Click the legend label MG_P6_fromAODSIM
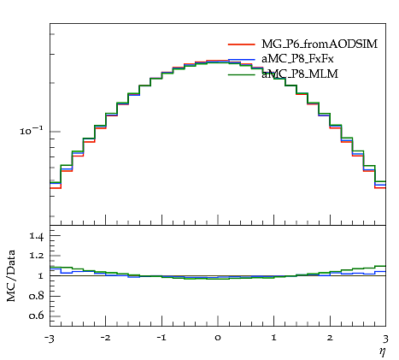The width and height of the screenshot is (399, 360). pos(320,44)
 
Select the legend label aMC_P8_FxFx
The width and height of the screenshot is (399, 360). pos(297,59)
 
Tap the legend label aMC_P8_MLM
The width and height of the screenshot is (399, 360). pos(300,74)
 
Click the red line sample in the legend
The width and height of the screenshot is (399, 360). pos(241,44)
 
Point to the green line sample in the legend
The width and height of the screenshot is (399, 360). pos(241,74)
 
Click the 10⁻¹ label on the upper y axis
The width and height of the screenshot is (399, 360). pos(32,131)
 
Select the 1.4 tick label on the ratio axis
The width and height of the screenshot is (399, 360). pos(37,237)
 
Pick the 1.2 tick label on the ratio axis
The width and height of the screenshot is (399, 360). pos(37,256)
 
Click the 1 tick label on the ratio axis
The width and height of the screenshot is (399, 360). pos(41,275)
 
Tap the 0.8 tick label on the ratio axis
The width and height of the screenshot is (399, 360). pos(36,296)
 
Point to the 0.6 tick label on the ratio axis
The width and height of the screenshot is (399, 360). pos(36,316)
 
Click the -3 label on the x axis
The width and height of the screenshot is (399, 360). pos(50,339)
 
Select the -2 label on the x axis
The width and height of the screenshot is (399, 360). pos(105,339)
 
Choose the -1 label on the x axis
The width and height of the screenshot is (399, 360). pos(161,338)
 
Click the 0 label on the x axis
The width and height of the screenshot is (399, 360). pos(218,338)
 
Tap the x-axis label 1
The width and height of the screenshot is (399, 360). pos(274,338)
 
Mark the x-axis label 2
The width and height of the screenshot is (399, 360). pos(330,338)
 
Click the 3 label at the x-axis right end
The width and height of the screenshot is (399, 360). pos(385,339)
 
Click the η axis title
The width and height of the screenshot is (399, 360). pos(382,352)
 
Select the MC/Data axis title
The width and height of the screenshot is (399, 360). pos(11,275)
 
